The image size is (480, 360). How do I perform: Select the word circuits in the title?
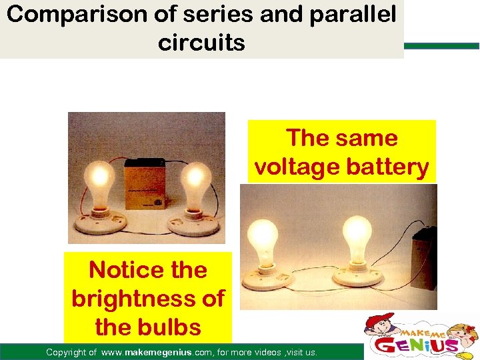[201, 43]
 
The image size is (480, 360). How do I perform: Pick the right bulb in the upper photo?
[195, 180]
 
